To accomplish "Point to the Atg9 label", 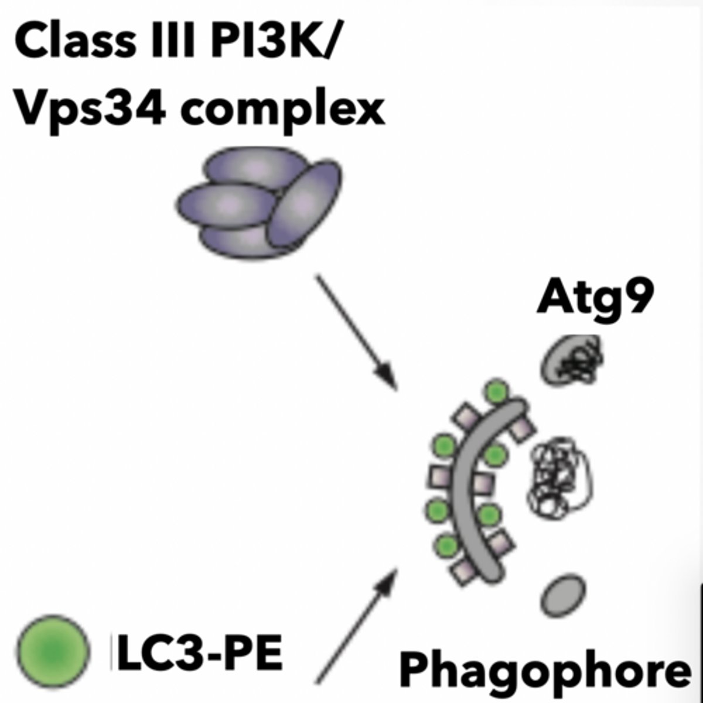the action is pos(595,299).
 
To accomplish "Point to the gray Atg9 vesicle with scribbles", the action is pos(571,359).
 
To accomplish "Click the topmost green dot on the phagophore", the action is pos(497,391).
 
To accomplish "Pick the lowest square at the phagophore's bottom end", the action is pos(466,571).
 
